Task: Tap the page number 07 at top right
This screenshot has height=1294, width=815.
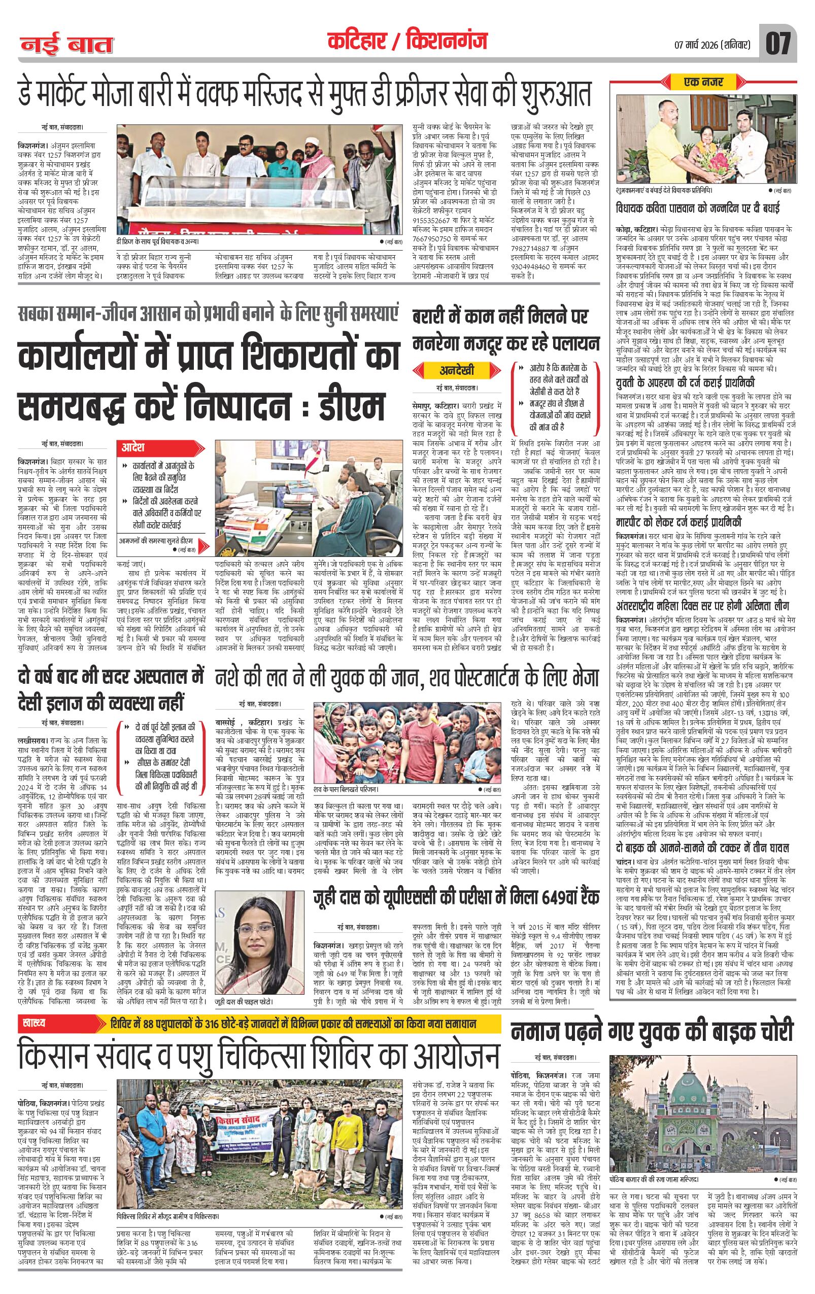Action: [778, 44]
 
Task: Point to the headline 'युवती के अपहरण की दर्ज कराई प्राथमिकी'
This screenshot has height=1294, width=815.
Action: [686, 382]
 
